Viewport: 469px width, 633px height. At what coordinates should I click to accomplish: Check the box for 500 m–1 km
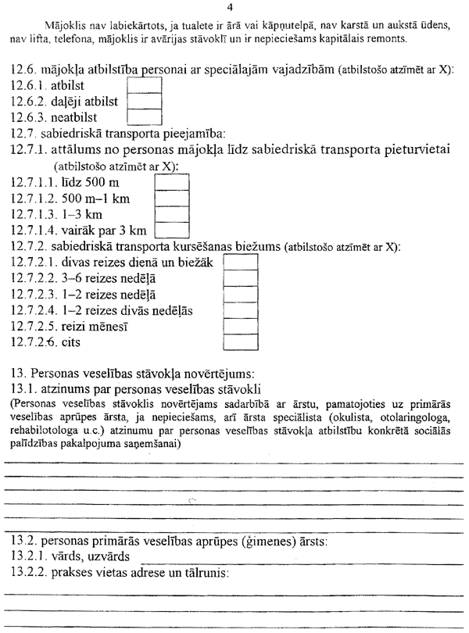(x=172, y=197)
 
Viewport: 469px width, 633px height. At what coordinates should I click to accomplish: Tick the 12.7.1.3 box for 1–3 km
(x=172, y=213)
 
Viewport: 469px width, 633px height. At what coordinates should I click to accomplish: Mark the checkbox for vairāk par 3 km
(x=172, y=230)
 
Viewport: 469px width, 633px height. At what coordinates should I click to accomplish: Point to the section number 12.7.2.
(x=28, y=246)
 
